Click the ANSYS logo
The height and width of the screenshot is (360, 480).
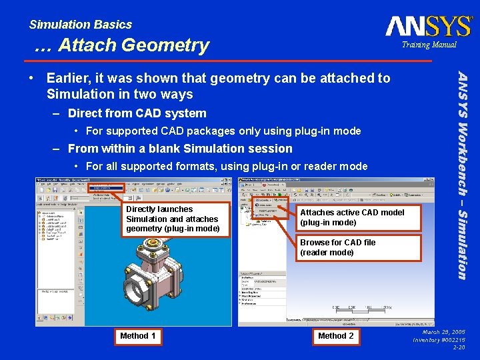[429, 26]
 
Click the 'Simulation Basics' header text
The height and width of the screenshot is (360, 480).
[81, 25]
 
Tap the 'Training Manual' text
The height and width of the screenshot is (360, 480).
[429, 45]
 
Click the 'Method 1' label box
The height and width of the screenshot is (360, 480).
[138, 336]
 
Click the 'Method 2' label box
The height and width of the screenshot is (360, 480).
[336, 336]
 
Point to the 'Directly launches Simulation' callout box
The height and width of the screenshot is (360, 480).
[173, 219]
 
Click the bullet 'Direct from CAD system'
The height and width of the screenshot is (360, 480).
[137, 113]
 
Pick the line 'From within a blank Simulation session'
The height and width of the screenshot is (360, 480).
[180, 149]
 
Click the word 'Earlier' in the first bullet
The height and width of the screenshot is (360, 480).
[68, 78]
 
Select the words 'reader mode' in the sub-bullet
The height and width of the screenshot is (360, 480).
[338, 166]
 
